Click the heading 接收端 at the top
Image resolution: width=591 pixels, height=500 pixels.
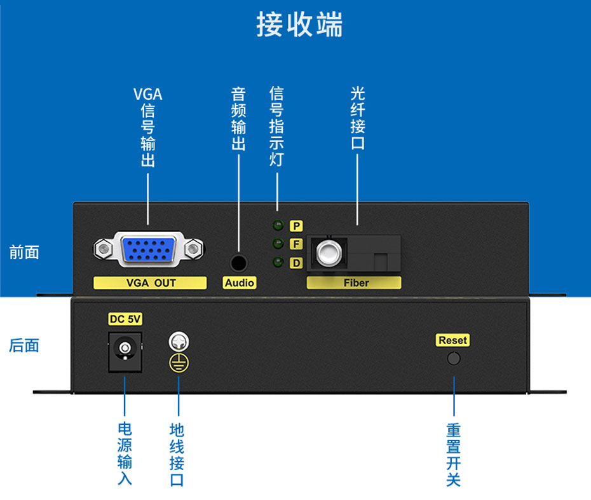click(x=299, y=25)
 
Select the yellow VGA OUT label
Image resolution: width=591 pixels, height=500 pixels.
click(x=151, y=283)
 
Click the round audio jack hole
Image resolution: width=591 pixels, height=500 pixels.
click(x=239, y=262)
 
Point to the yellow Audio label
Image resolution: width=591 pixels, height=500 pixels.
click(x=240, y=283)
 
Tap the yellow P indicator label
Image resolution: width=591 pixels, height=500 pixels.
click(x=296, y=226)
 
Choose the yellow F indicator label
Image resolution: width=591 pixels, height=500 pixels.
click(x=296, y=244)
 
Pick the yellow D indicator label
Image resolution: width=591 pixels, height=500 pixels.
click(x=296, y=262)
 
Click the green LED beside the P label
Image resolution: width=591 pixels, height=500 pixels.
click(x=278, y=225)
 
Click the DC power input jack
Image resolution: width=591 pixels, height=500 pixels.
click(x=125, y=350)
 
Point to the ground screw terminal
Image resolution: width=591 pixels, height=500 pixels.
click(x=179, y=342)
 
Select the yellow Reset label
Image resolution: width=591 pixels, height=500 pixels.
click(x=452, y=340)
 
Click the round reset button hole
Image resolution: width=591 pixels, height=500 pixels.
click(x=453, y=358)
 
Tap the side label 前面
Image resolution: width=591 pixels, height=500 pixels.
click(x=24, y=253)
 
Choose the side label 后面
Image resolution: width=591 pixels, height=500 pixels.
click(x=24, y=345)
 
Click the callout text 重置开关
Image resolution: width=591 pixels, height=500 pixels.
click(x=453, y=454)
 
